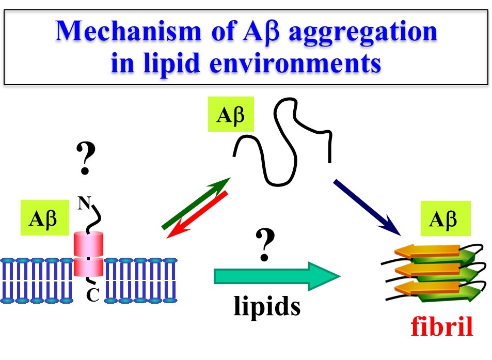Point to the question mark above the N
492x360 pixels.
(85, 158)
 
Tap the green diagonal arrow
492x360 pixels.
(196, 202)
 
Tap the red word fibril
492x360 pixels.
(441, 328)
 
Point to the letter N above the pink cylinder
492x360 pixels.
(83, 204)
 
